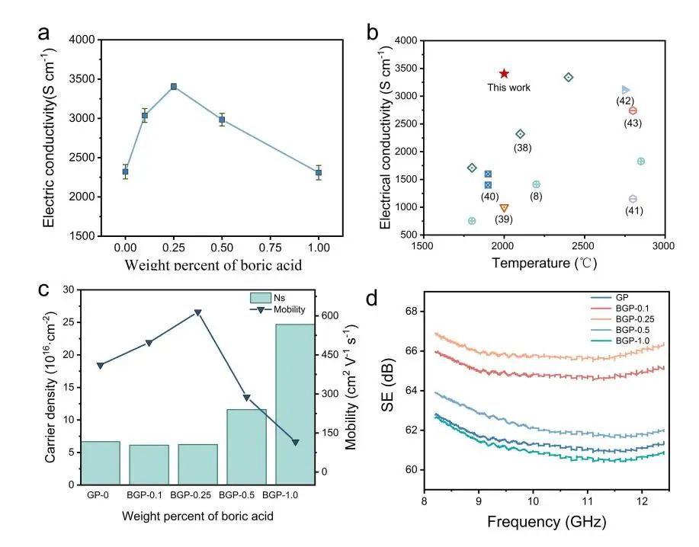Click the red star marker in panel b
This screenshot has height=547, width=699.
coord(504,73)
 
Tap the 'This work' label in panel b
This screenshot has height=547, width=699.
coord(509,88)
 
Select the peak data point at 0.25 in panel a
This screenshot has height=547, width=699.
coord(174,86)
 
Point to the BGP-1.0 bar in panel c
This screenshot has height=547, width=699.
coord(289,404)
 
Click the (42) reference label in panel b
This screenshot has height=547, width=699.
coord(624,101)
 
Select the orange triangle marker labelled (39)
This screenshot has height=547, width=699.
coord(504,208)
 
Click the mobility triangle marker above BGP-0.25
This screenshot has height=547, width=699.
coord(197,312)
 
